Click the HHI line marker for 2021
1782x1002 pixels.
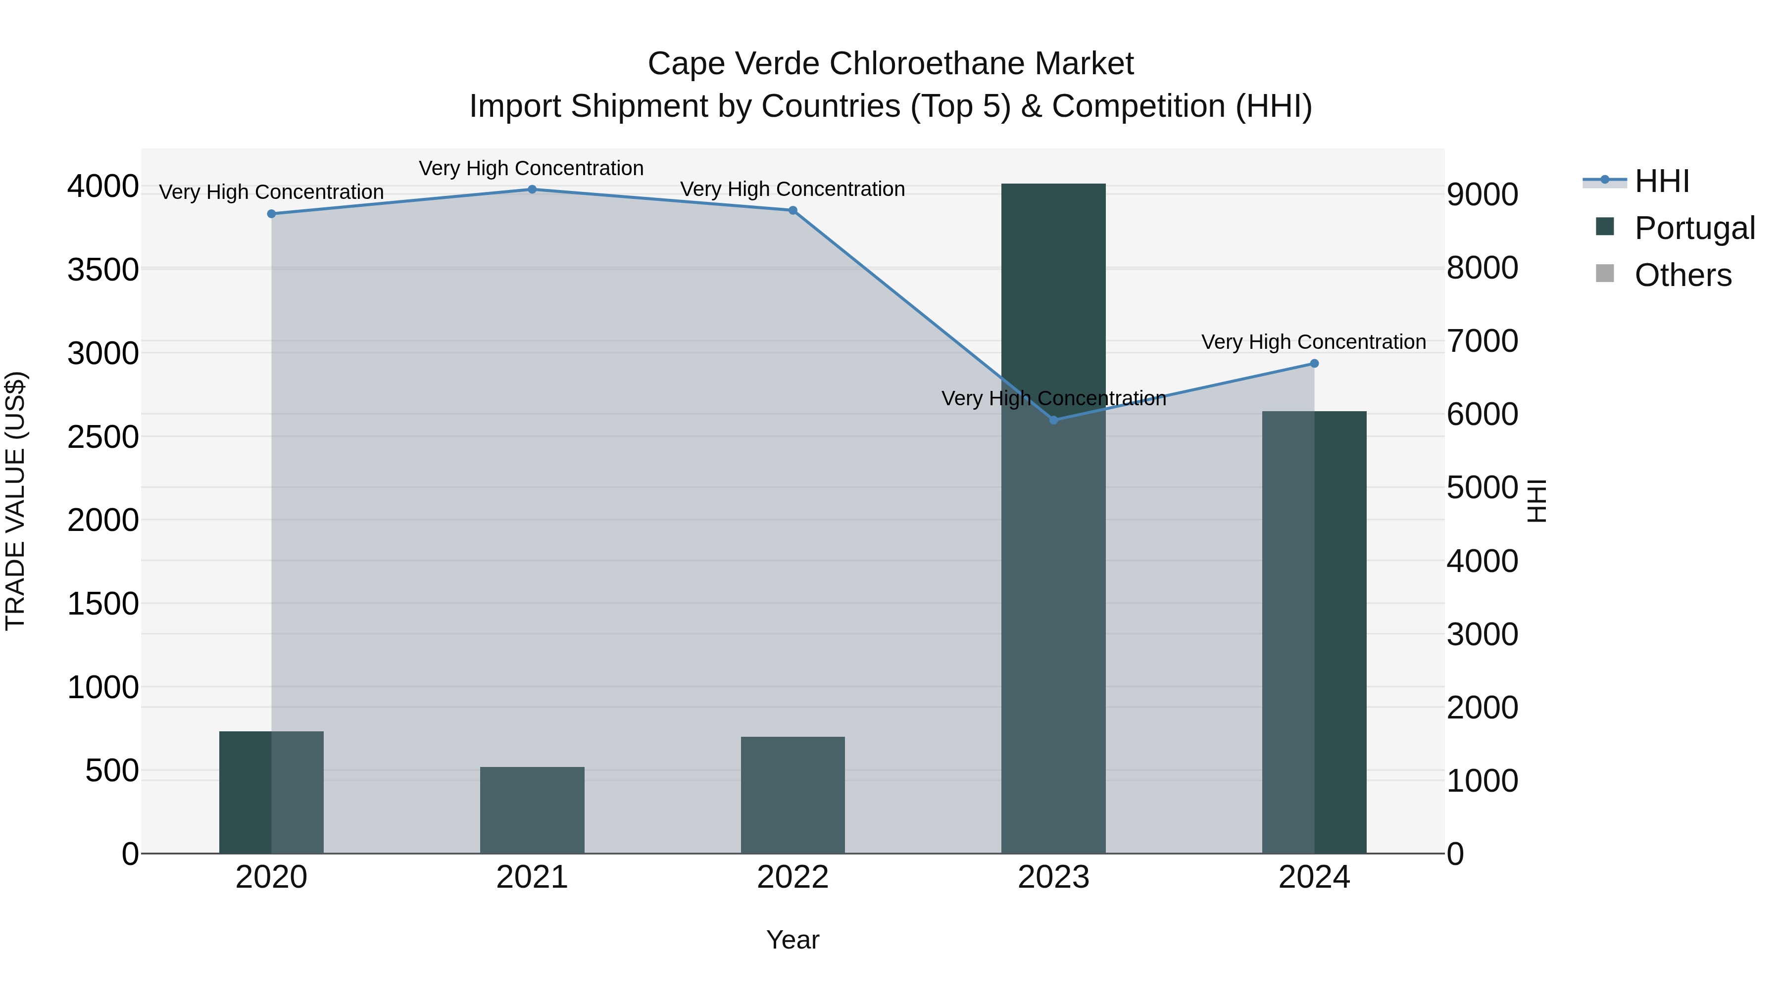click(x=532, y=190)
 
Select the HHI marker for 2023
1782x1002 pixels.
click(x=1053, y=420)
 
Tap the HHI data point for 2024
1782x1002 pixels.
click(x=1314, y=364)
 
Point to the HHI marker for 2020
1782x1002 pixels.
click(x=271, y=214)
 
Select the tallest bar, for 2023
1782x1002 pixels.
click(x=1053, y=519)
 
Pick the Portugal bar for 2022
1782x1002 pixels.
click(x=793, y=795)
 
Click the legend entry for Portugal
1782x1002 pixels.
click(x=1674, y=228)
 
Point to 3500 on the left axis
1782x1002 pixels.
click(x=103, y=270)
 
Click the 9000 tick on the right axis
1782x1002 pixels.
click(x=1483, y=195)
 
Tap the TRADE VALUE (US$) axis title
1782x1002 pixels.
click(x=15, y=501)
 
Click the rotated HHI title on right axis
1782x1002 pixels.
click(x=1535, y=501)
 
